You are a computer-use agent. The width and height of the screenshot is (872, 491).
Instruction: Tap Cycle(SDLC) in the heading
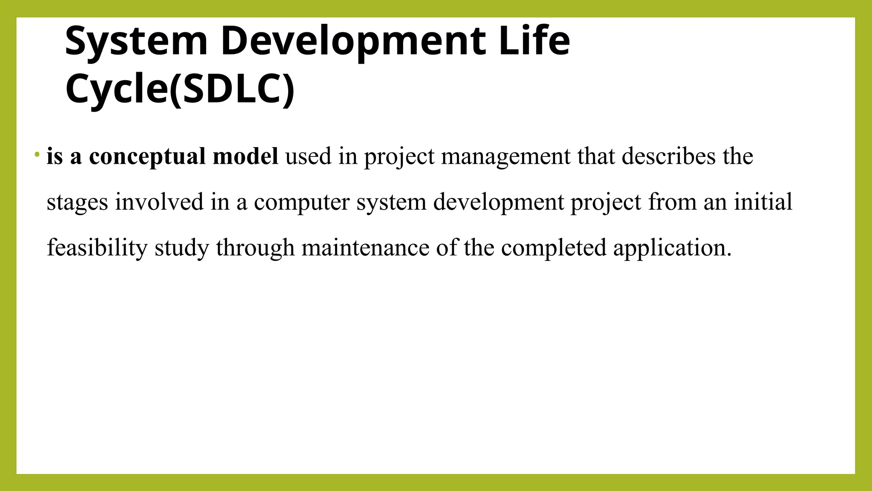(180, 89)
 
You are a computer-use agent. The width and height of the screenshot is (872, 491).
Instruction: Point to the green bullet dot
(37, 153)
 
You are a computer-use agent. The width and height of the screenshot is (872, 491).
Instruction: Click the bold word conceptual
(147, 157)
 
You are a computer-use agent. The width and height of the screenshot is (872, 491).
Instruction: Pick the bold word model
(245, 156)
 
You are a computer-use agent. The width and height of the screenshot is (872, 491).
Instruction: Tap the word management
(505, 157)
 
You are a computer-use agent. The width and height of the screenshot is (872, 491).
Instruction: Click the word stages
(77, 202)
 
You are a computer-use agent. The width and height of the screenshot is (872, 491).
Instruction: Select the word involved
(159, 202)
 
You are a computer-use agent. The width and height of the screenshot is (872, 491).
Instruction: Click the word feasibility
(97, 248)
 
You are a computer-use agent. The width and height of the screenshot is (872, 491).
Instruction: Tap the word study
(182, 248)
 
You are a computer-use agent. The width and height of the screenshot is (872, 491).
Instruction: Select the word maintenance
(365, 247)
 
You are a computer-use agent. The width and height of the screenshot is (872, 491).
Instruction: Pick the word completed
(554, 248)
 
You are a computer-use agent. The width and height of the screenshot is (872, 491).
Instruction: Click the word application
(672, 248)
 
